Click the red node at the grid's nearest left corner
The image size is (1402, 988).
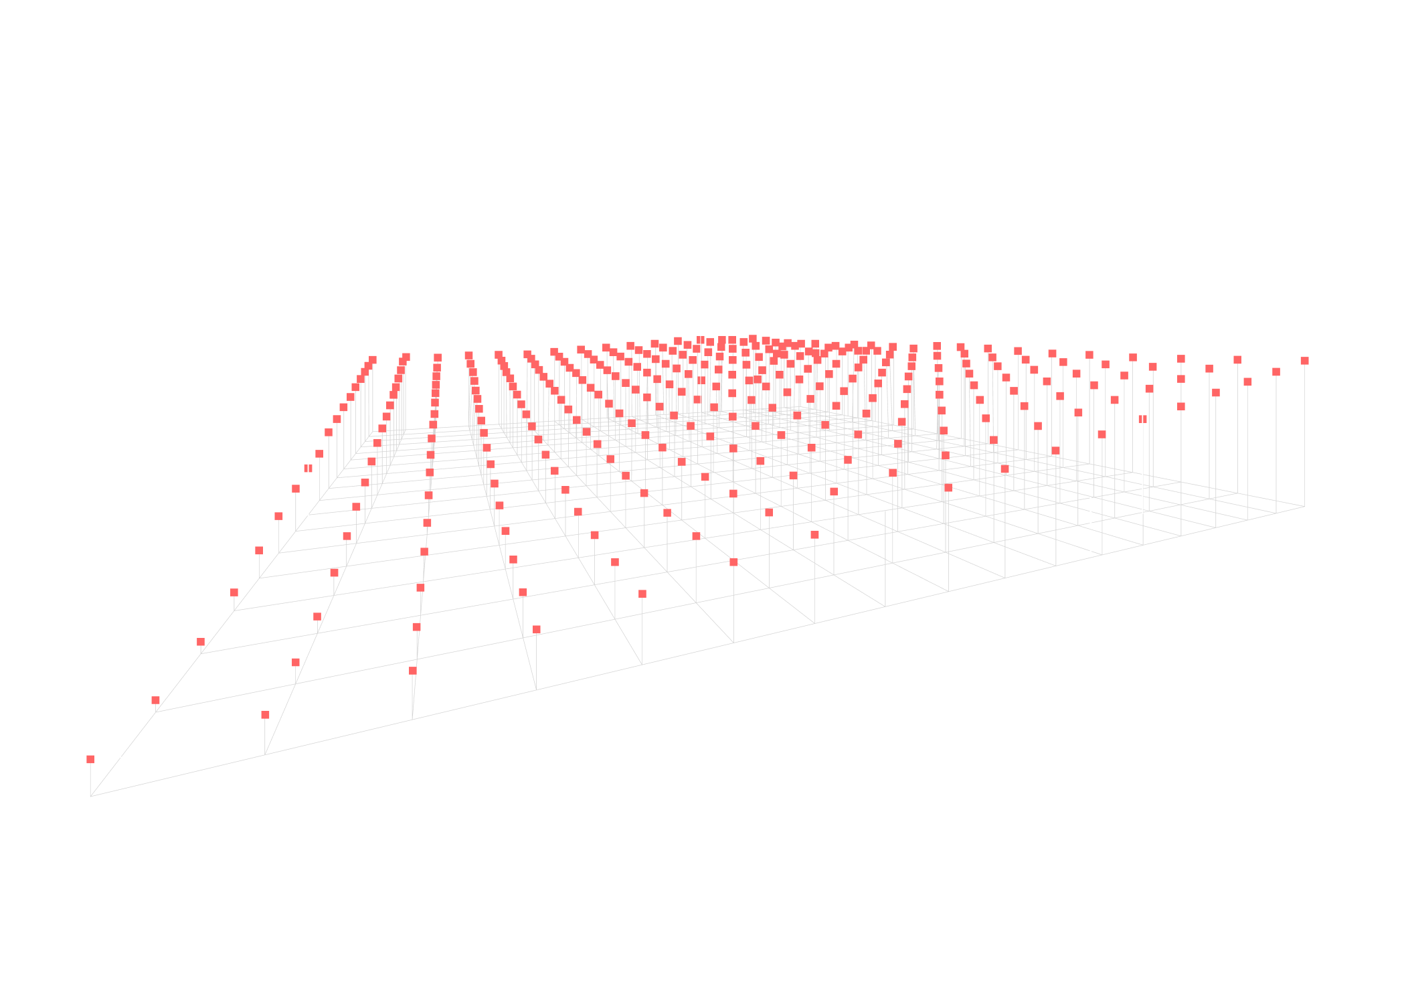[x=90, y=759]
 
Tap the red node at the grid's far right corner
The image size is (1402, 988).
[x=1304, y=361]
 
